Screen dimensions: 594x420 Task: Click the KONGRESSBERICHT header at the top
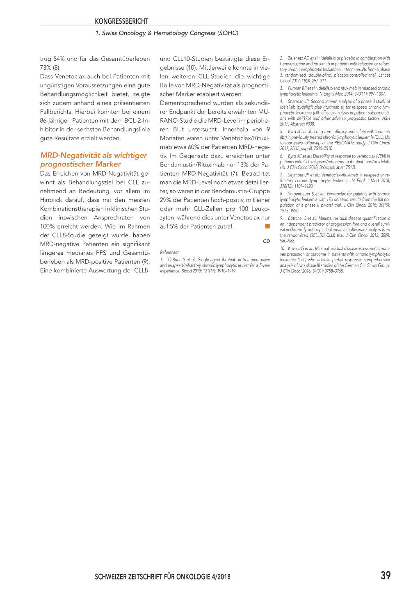(121, 21)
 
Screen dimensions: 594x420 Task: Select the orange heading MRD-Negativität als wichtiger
(94, 155)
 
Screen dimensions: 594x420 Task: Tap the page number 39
(385, 576)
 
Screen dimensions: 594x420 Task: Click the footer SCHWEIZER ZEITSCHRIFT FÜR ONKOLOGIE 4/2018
(162, 577)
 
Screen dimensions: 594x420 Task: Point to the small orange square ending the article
(267, 226)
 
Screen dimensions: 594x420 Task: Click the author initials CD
(266, 241)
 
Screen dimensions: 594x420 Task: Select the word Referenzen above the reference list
(170, 252)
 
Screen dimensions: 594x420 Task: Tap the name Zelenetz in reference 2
(295, 58)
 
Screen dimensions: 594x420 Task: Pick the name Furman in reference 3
(294, 88)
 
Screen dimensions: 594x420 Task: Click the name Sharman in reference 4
(296, 101)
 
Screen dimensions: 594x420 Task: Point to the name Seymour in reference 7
(296, 175)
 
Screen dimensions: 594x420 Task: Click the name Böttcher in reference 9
(295, 218)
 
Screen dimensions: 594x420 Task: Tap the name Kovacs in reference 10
(294, 249)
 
